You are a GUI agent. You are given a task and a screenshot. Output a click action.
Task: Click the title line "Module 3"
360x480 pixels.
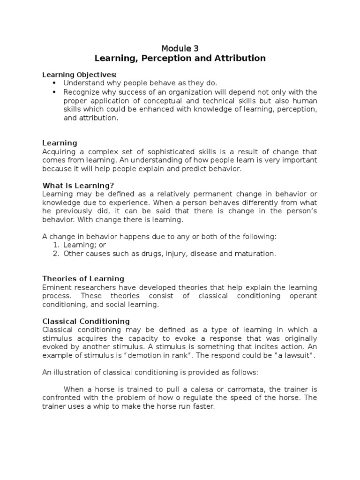click(180, 48)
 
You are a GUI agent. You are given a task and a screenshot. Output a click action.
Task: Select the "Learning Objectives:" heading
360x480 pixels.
click(80, 75)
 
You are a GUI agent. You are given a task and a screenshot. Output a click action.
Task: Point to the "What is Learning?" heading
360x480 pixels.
click(78, 185)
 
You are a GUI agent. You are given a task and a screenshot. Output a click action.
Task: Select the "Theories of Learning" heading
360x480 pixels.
click(83, 278)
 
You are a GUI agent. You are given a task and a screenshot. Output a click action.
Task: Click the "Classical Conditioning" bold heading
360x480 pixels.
click(86, 321)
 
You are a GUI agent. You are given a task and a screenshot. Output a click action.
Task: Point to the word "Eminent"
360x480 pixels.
click(56, 287)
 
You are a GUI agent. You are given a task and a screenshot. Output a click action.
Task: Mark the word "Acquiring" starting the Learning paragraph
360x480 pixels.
click(58, 152)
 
